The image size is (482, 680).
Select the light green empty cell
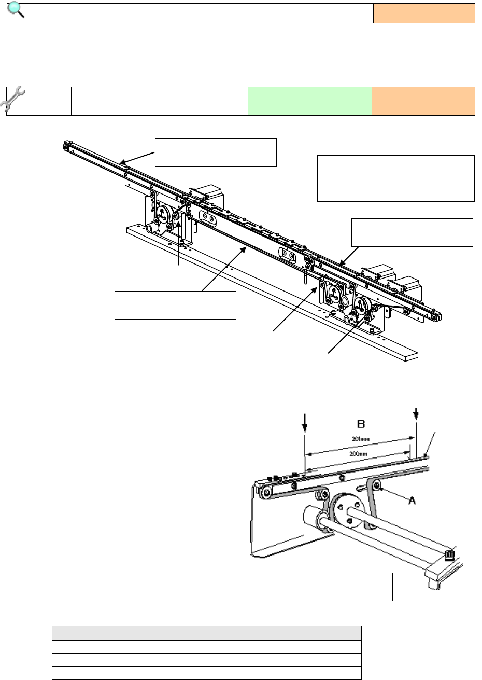[x=310, y=101]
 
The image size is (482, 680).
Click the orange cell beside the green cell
[x=423, y=101]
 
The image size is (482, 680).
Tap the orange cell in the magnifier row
[x=424, y=13]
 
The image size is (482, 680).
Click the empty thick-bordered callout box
[x=395, y=178]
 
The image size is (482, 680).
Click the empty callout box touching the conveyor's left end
[x=216, y=152]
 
